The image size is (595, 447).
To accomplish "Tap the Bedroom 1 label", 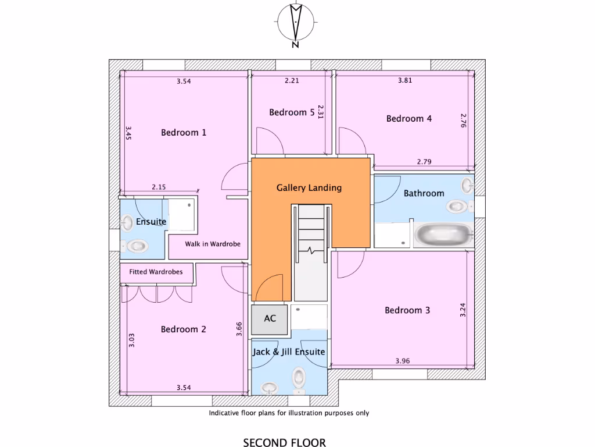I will (x=184, y=132).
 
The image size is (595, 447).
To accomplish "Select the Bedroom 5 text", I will (x=292, y=112).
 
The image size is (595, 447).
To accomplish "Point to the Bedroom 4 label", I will (x=409, y=118).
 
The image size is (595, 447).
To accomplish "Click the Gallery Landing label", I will (x=309, y=188).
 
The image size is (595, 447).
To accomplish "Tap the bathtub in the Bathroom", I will (x=443, y=235).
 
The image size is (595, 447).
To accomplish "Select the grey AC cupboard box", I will (x=270, y=319).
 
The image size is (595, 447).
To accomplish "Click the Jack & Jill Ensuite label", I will (x=288, y=352).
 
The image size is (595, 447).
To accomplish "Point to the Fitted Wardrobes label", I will (x=156, y=272).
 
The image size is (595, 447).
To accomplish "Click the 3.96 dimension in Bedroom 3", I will (x=403, y=361).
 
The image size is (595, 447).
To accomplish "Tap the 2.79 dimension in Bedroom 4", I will (x=425, y=161).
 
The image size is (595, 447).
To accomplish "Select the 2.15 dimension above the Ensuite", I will (x=159, y=187).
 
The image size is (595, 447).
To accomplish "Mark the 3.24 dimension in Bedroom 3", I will (x=463, y=308).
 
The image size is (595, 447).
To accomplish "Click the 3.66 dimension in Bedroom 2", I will (x=239, y=329).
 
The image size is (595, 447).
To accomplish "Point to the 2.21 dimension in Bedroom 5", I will (x=292, y=81).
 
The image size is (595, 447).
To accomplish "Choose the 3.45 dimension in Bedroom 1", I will (x=128, y=134).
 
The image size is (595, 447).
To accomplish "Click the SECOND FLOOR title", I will (x=284, y=442).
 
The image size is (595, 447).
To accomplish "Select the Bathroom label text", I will (x=424, y=193).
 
